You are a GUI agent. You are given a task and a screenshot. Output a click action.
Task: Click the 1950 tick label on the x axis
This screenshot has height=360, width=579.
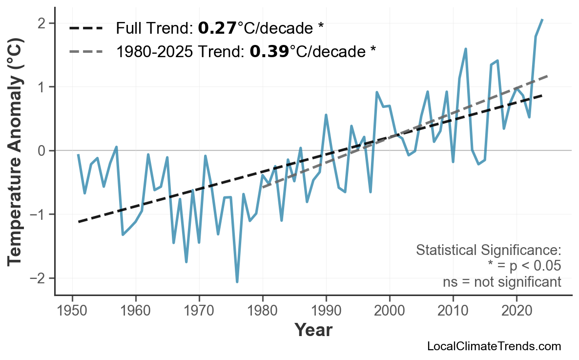72,312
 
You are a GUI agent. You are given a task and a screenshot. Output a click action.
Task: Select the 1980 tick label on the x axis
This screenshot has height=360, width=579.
263,312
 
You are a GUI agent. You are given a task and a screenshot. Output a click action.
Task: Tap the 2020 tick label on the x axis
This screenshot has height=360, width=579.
517,312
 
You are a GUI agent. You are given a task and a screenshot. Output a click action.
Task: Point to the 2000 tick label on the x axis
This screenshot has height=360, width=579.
390,312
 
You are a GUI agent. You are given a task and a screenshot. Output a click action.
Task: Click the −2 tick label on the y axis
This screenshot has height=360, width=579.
41,278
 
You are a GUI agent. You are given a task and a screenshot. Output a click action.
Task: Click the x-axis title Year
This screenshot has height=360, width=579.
313,331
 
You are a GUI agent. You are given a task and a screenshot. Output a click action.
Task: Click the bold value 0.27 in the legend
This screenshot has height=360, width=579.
217,28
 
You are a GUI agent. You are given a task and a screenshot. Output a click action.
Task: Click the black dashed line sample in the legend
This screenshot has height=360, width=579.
86,28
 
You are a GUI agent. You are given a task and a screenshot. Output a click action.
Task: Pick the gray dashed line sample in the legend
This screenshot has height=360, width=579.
86,51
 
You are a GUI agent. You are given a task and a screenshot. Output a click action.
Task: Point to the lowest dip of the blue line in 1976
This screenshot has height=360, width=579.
237,282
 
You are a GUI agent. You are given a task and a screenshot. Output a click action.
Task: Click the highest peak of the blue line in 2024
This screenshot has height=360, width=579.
542,20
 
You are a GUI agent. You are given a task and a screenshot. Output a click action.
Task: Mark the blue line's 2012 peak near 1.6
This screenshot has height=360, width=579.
466,49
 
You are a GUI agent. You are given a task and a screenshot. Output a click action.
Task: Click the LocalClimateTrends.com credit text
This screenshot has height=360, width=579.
494,346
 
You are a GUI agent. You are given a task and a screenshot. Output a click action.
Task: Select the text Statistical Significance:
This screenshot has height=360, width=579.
488,251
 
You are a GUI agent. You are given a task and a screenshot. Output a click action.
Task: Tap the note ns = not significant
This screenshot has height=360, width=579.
501,282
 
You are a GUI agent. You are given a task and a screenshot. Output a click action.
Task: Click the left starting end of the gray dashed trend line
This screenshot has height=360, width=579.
263,187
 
